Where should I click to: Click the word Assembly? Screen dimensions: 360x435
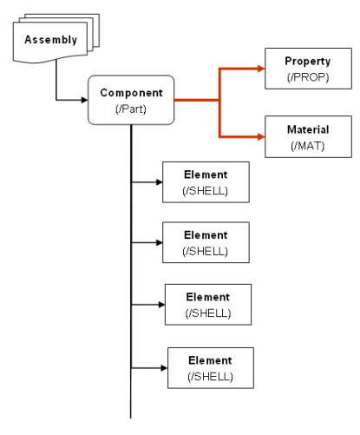click(x=51, y=40)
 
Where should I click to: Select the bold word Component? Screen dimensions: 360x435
click(x=131, y=93)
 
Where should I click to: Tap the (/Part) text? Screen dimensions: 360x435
click(x=131, y=109)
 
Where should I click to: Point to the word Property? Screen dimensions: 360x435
click(x=308, y=61)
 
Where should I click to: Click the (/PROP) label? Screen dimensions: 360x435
click(x=308, y=77)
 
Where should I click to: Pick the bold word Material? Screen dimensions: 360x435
click(x=308, y=129)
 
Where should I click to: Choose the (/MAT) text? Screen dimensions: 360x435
click(x=308, y=146)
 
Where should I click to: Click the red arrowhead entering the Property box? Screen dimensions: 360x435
click(x=261, y=69)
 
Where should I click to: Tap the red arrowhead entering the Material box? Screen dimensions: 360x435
click(x=261, y=136)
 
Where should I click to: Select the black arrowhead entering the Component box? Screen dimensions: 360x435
click(x=84, y=100)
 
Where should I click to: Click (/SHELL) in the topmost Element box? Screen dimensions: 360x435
click(x=206, y=191)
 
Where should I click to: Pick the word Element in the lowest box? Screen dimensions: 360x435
click(x=210, y=360)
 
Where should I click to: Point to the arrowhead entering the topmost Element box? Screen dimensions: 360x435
click(x=160, y=182)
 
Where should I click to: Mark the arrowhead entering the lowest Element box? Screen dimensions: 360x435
click(x=164, y=368)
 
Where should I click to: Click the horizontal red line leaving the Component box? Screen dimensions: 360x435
click(x=197, y=100)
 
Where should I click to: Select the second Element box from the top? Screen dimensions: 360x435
click(x=206, y=242)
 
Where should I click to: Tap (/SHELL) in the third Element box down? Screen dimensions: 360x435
click(x=208, y=313)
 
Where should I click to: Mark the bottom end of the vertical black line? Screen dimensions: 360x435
click(x=131, y=419)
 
